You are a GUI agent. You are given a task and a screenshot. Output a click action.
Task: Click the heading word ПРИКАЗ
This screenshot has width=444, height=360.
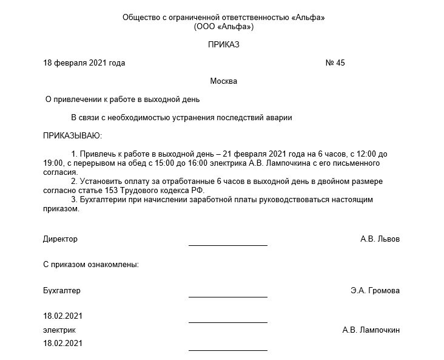coord(223,45)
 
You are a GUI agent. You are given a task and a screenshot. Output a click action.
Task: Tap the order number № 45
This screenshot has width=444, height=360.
coord(335,63)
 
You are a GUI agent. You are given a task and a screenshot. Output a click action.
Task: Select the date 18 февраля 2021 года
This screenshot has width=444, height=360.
coord(84,63)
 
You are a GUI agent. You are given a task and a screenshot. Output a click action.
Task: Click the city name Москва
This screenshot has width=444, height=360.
coord(223,81)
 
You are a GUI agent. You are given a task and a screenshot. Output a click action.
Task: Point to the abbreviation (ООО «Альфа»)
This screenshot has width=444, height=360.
coord(223,27)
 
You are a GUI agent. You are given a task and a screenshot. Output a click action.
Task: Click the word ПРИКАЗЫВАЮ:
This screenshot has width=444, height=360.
coord(72,135)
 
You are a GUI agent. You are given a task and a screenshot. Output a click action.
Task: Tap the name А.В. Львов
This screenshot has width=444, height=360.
coord(380,239)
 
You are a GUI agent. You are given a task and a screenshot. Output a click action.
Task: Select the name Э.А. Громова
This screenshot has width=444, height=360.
coord(375,290)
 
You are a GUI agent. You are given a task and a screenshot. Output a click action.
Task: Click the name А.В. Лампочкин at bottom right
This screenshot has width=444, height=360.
coord(371,330)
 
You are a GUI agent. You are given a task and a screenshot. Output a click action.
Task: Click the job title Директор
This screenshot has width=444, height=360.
coord(60,239)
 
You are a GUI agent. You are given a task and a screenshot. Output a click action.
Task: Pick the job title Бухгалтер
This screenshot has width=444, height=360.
coord(62,290)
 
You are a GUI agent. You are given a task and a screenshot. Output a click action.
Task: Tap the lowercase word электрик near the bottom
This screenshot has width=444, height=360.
coord(59,330)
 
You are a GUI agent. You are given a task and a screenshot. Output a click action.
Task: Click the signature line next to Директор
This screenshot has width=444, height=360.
coord(227,245)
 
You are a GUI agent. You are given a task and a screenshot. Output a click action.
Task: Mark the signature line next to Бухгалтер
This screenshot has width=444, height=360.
coord(227,296)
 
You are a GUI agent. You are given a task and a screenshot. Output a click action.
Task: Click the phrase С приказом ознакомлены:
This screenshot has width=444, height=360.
coord(91,264)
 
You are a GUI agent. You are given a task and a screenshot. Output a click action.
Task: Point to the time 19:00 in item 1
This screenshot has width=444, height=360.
coord(52,163)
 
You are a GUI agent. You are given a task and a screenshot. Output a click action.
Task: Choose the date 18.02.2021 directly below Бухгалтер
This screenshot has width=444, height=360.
coord(62,316)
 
